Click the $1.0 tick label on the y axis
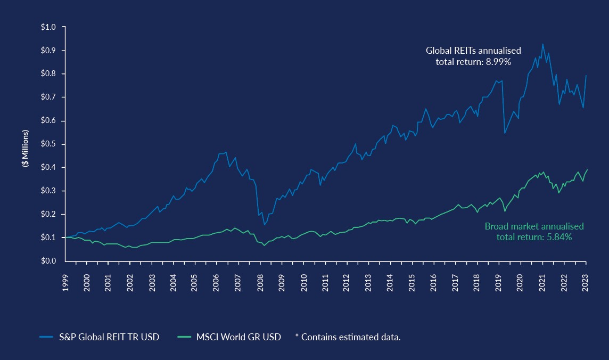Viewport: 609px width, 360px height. pyautogui.click(x=48, y=27)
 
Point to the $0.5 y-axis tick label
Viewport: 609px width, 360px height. pyautogui.click(x=48, y=144)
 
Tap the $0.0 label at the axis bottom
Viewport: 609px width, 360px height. pyautogui.click(x=48, y=261)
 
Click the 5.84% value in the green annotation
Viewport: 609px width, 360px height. pyautogui.click(x=559, y=237)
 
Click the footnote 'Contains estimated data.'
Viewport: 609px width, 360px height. pyautogui.click(x=350, y=337)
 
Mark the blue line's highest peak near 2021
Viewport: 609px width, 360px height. pyautogui.click(x=542, y=44)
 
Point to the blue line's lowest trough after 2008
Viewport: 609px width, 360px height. pyautogui.click(x=265, y=225)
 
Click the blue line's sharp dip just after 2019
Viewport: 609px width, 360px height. pyautogui.click(x=504, y=133)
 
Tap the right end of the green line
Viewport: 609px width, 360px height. pyautogui.click(x=587, y=170)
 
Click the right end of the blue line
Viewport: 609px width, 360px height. pyautogui.click(x=587, y=75)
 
